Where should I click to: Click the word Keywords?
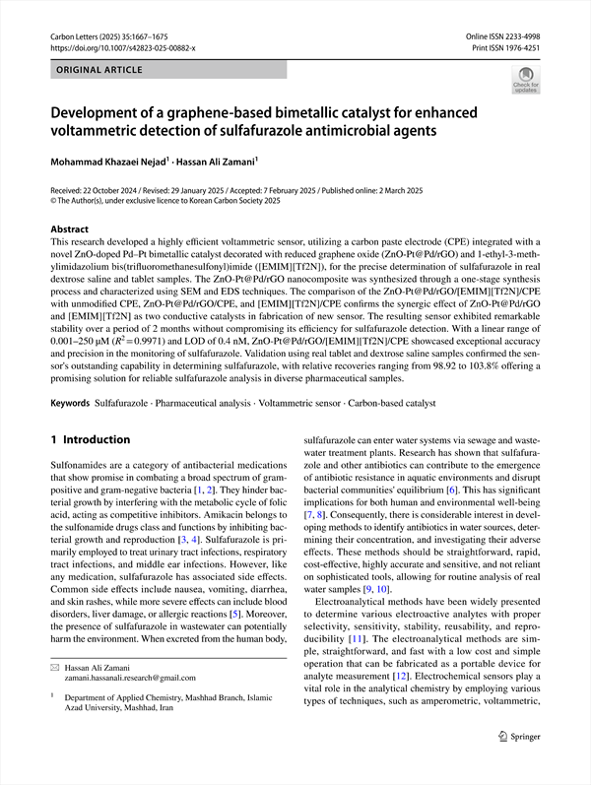coord(71,404)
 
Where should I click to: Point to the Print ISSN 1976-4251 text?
coord(507,47)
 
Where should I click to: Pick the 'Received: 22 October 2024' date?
coord(104,189)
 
